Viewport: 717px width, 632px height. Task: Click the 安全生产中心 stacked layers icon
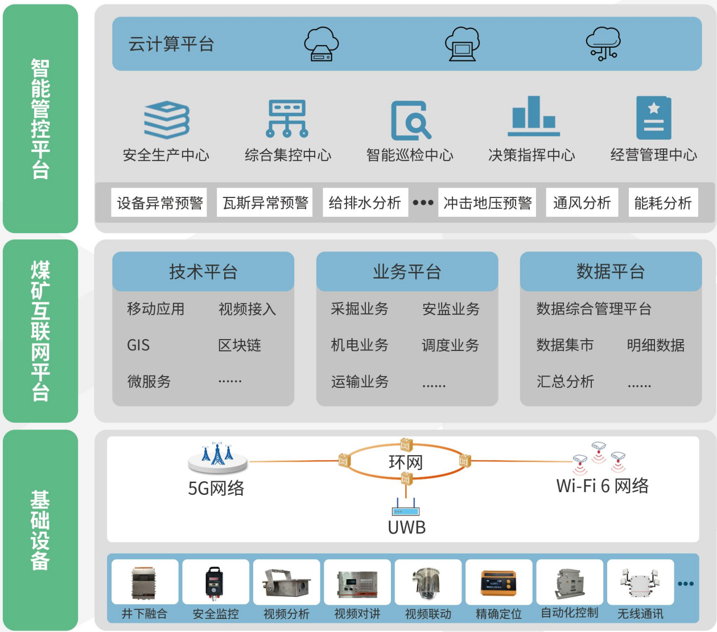point(166,119)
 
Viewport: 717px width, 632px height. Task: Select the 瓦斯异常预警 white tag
point(265,203)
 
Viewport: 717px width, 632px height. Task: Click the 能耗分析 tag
point(663,203)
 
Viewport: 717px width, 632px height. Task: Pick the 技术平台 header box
point(203,271)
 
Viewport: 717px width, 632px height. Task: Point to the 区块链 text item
point(240,345)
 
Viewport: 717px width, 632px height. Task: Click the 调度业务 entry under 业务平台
point(450,345)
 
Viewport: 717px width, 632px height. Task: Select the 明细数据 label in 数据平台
point(656,345)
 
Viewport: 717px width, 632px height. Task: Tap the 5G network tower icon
point(217,457)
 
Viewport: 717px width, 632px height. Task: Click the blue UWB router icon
point(406,508)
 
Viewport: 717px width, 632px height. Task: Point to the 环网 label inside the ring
point(406,462)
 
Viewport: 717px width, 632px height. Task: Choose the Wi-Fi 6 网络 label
point(602,486)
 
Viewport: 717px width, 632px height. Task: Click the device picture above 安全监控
point(215,582)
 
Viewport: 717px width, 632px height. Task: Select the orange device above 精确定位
point(498,582)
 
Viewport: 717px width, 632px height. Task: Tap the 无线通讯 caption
point(640,614)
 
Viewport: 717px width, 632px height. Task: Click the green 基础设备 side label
point(40,530)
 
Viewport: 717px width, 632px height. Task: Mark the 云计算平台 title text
point(171,44)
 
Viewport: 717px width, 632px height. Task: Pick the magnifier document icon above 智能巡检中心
point(410,120)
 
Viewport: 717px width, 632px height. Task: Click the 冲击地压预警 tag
point(487,203)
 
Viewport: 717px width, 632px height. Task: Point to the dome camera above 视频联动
point(427,582)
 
